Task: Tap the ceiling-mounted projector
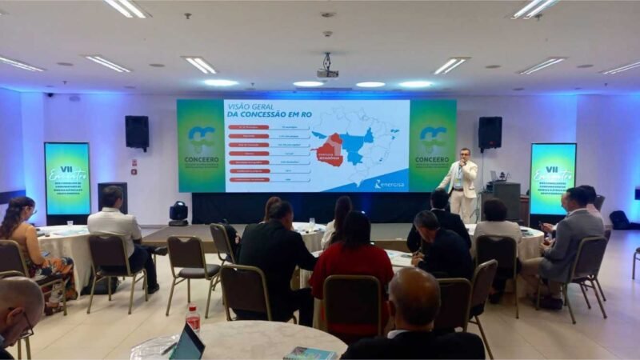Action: pyautogui.click(x=326, y=71)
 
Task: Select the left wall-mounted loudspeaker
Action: pyautogui.click(x=137, y=132)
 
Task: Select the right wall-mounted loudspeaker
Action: pyautogui.click(x=490, y=132)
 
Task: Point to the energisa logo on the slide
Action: pyautogui.click(x=390, y=184)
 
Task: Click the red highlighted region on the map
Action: pyautogui.click(x=330, y=150)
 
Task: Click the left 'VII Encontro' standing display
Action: pyautogui.click(x=67, y=178)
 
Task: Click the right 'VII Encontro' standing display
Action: pyautogui.click(x=552, y=178)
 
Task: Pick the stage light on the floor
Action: pyautogui.click(x=178, y=212)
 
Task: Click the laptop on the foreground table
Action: pyautogui.click(x=189, y=343)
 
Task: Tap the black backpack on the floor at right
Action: pyautogui.click(x=618, y=219)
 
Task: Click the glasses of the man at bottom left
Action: pyautogui.click(x=26, y=325)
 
